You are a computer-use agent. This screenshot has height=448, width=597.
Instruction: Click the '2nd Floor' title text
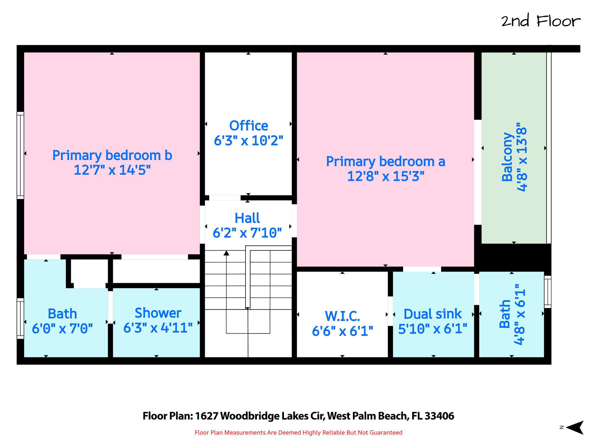[x=541, y=22]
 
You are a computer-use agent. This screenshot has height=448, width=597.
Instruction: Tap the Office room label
[x=249, y=126]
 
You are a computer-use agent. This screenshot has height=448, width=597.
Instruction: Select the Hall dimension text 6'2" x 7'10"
[x=247, y=233]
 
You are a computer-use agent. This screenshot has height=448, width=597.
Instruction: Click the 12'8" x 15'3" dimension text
[x=385, y=176]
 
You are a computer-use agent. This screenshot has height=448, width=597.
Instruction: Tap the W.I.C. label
[x=343, y=316]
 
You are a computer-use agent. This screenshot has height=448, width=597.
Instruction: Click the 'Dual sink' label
[x=433, y=314]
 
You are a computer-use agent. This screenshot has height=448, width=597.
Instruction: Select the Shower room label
[x=158, y=313]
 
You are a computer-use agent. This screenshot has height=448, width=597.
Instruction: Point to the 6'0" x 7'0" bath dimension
[x=62, y=329]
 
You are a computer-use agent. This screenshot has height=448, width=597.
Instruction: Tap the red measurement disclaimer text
[x=298, y=433]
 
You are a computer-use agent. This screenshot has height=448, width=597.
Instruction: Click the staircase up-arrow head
[x=226, y=253]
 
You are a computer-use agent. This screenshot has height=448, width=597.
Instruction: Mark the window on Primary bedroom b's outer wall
[x=20, y=155]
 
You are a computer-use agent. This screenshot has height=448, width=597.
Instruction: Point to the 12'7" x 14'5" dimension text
[x=112, y=170]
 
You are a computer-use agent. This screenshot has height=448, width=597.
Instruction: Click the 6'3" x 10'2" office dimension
[x=249, y=141]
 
